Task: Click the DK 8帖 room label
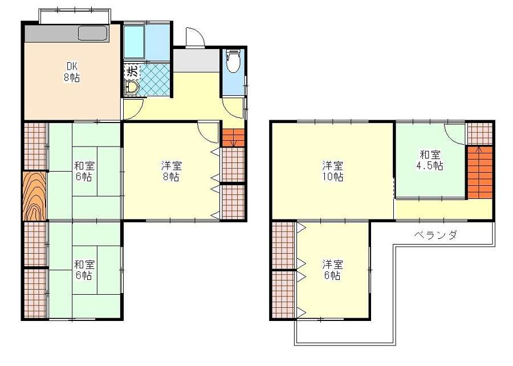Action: pos(72,72)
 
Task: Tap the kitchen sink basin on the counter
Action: pos(92,33)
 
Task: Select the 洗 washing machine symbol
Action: pos(132,71)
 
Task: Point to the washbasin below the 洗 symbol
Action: pos(132,88)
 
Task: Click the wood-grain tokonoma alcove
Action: pos(35,196)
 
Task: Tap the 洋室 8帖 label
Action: pos(172,171)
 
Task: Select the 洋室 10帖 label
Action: pos(333,171)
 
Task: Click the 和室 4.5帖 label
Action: pos(430,160)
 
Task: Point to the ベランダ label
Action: pos(435,235)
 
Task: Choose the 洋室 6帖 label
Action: pos(332,270)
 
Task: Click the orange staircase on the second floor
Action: pos(479,172)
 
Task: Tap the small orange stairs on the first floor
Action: pos(233,137)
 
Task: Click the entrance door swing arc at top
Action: pos(195,36)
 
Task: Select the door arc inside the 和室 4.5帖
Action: pos(455,134)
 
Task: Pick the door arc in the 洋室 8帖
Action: pos(207,132)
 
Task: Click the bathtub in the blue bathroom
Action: pos(134,42)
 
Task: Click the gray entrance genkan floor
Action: pos(196,60)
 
